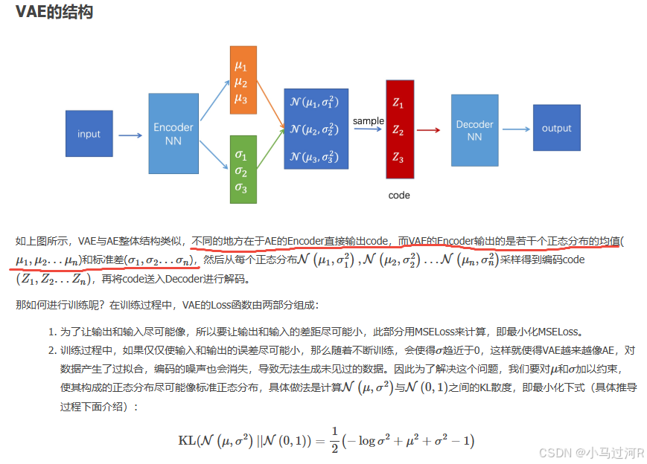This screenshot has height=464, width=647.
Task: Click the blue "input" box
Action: click(89, 134)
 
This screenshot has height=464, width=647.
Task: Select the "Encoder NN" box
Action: click(173, 134)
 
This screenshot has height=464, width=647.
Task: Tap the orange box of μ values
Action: click(243, 80)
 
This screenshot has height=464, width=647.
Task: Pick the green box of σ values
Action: click(243, 170)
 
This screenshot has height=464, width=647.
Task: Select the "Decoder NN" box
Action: click(474, 131)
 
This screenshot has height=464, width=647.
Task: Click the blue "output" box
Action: click(556, 128)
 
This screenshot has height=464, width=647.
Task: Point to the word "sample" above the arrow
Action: click(369, 120)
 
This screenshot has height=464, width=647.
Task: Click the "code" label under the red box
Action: click(399, 196)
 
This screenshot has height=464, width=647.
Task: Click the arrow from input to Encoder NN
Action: click(130, 135)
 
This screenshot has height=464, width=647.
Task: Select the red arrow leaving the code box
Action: click(428, 130)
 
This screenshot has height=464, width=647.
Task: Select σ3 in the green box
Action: click(240, 187)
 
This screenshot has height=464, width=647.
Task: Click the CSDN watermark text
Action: click(592, 452)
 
